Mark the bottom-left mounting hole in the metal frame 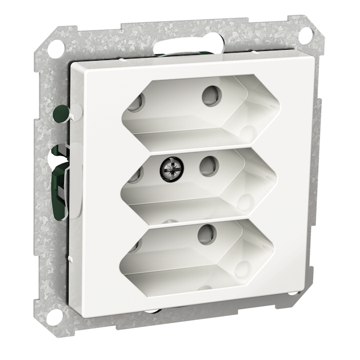pos(55,315)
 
